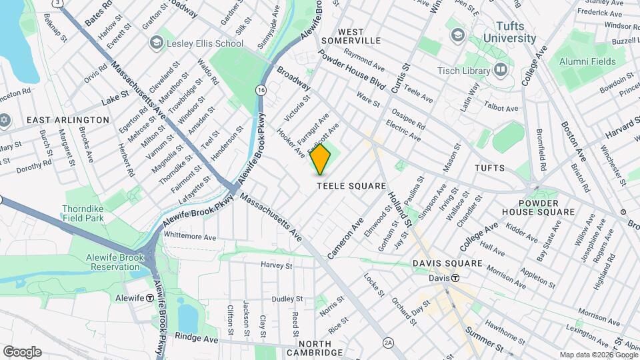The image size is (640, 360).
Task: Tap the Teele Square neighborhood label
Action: (x=351, y=186)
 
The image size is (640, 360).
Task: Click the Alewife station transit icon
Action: (x=151, y=298)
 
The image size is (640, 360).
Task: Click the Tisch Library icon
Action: (x=501, y=70)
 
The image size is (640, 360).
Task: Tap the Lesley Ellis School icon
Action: (x=156, y=43)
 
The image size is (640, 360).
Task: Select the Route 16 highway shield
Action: (x=261, y=89)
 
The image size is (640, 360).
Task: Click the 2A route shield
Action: (x=389, y=343)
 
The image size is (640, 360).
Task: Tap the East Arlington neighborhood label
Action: (x=68, y=120)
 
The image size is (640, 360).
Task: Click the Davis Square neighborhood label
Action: (x=447, y=263)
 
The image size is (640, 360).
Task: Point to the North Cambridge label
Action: (x=315, y=347)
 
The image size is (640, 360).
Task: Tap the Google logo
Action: (x=22, y=351)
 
